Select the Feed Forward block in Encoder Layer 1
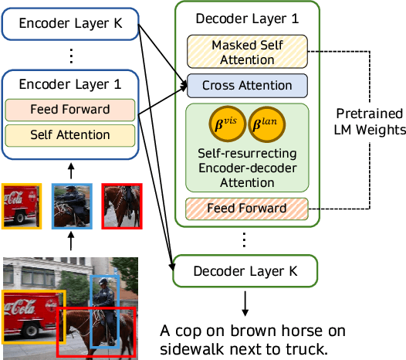click(x=70, y=109)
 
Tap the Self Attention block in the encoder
click(x=70, y=135)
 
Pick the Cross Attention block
click(x=247, y=85)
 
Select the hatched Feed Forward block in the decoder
click(x=247, y=209)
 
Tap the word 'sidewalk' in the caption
click(x=192, y=348)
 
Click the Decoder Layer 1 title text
click(x=247, y=19)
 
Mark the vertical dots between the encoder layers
click(x=70, y=56)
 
